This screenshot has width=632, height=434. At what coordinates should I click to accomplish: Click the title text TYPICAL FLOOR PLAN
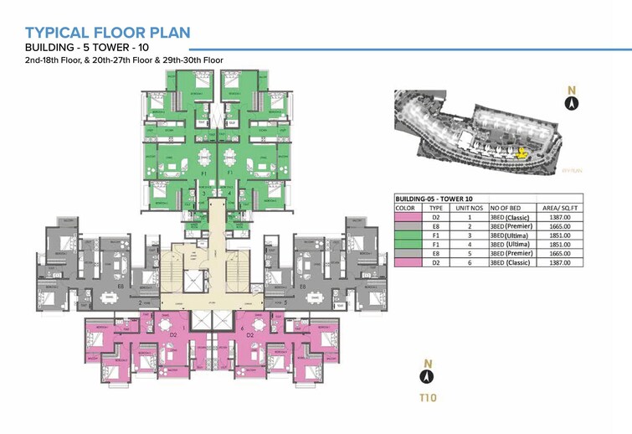(x=108, y=33)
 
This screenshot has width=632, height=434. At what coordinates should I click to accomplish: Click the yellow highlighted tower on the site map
(x=523, y=153)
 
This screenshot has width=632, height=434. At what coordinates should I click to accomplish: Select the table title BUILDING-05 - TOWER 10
(x=435, y=199)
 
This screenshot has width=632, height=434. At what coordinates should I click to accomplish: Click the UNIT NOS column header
(x=467, y=208)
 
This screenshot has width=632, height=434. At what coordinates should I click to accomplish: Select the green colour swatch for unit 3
(x=408, y=235)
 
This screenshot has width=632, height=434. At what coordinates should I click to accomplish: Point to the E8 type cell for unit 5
(x=435, y=253)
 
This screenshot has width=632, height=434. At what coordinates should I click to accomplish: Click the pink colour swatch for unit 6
(x=408, y=262)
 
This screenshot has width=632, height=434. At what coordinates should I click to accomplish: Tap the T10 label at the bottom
(x=429, y=397)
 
